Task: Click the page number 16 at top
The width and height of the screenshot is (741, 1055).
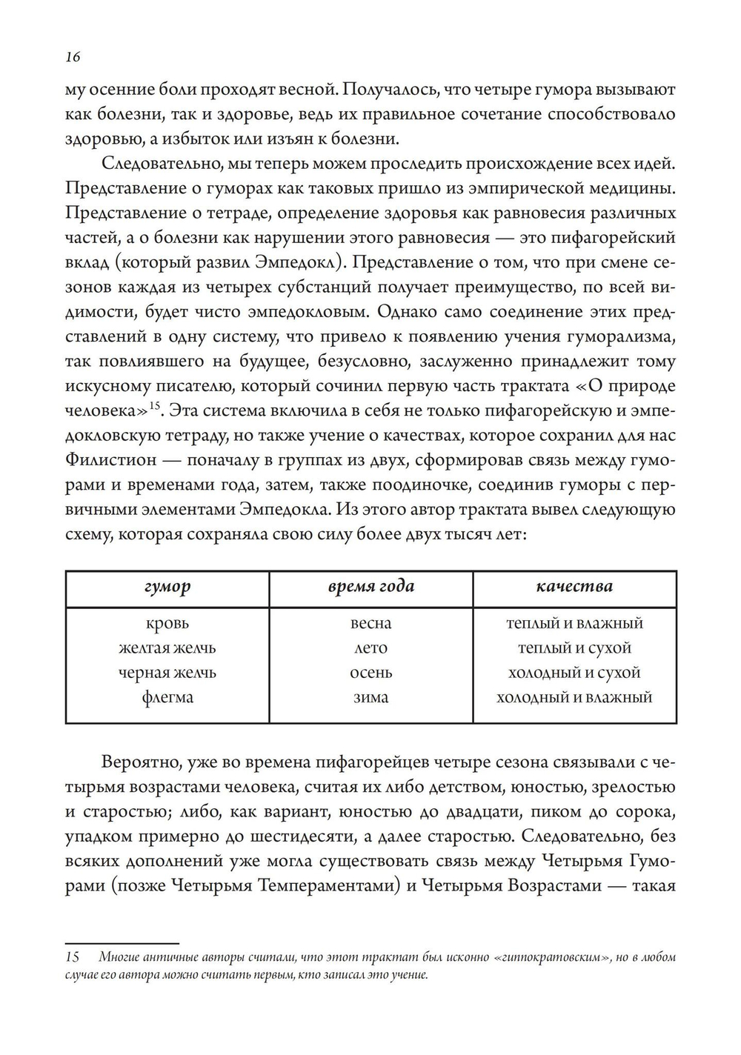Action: [x=73, y=57]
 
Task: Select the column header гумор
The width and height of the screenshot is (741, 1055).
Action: [x=167, y=587]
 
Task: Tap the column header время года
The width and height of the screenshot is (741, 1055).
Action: [x=370, y=587]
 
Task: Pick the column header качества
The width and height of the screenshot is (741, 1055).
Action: [x=574, y=587]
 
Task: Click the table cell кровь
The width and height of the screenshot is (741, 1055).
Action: [x=167, y=623]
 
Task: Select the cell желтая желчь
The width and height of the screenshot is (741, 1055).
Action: [x=167, y=648]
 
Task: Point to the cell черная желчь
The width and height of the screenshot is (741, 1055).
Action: [x=167, y=673]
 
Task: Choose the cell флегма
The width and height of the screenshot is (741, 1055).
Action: [x=167, y=697]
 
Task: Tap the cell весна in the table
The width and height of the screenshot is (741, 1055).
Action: [x=370, y=623]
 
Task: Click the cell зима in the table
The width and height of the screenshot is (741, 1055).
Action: [x=370, y=697]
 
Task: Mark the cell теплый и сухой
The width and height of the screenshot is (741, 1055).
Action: [x=574, y=648]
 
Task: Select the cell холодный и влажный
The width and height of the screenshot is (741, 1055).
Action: [x=574, y=697]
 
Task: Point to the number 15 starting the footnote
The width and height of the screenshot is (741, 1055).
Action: [x=73, y=957]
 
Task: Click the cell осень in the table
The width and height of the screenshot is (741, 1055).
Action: [x=370, y=673]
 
